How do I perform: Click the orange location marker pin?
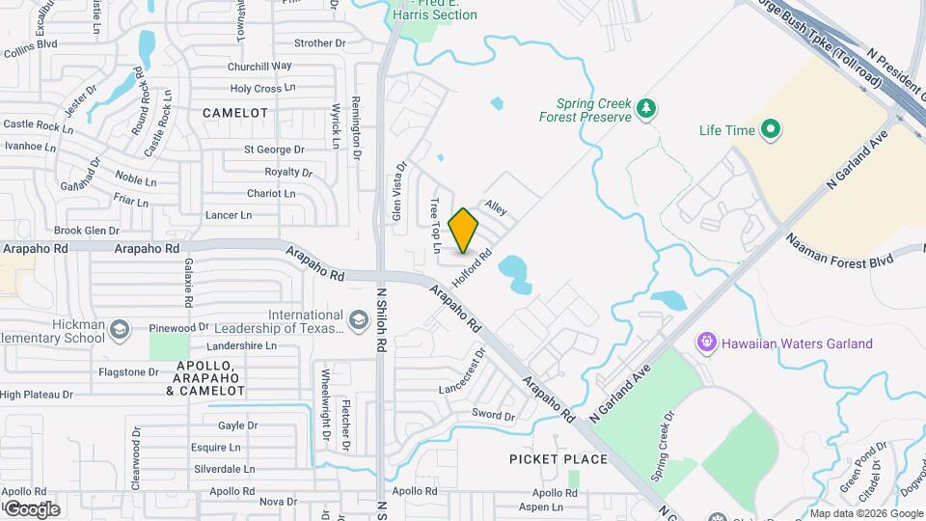[x=464, y=230]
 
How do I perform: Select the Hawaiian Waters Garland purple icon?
[x=708, y=343]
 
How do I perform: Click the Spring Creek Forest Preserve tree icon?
[x=647, y=110]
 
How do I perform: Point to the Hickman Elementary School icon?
[x=119, y=331]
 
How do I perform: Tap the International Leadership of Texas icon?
[x=359, y=320]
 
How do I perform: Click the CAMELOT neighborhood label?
[x=235, y=113]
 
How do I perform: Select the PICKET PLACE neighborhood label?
[x=558, y=459]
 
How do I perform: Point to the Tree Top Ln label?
[x=435, y=219]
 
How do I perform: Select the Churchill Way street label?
[x=259, y=67]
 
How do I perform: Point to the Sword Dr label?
[x=493, y=415]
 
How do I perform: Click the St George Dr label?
[x=273, y=150]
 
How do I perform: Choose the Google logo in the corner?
[x=31, y=509]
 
